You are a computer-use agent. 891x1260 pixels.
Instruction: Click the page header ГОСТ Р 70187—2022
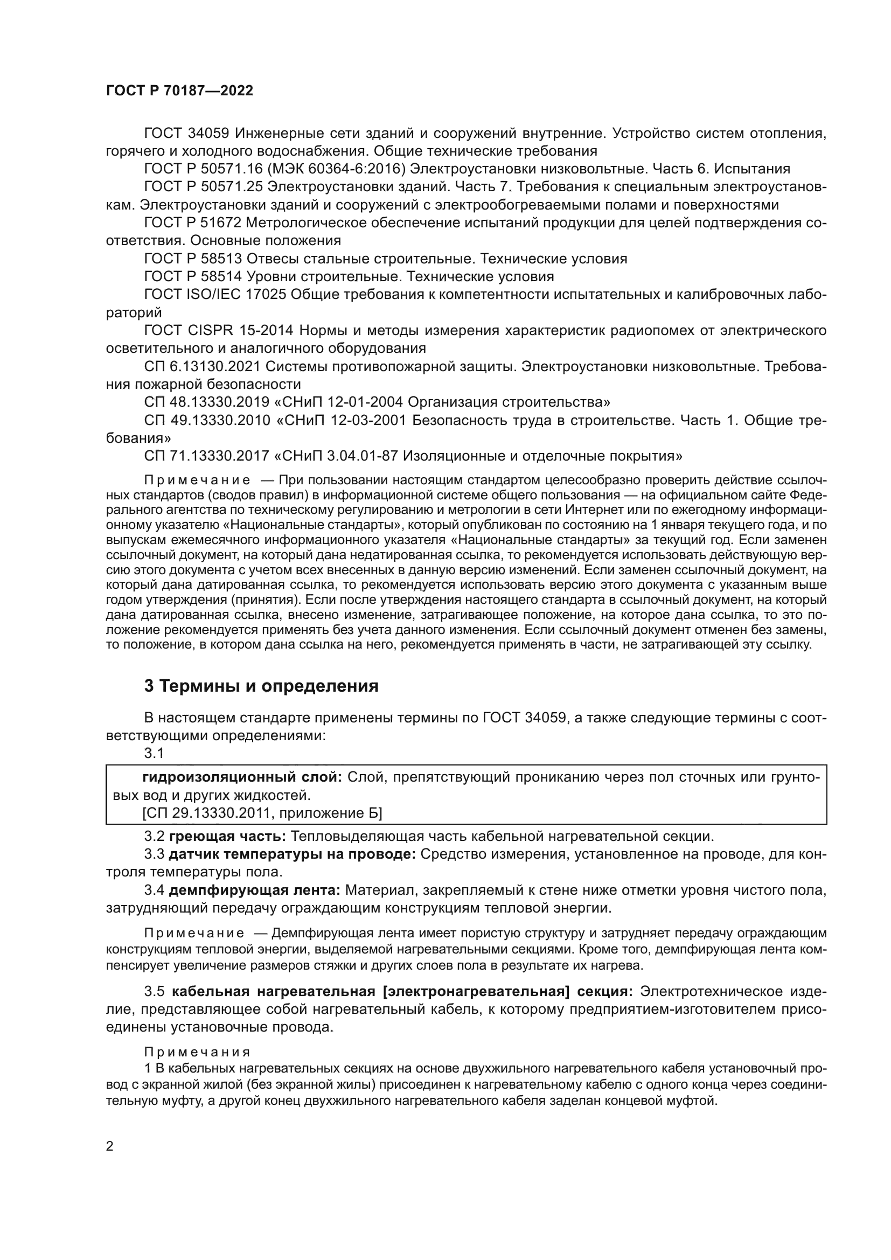point(179,91)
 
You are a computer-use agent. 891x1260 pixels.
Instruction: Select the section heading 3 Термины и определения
point(261,686)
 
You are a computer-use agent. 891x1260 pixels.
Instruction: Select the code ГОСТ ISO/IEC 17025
point(214,295)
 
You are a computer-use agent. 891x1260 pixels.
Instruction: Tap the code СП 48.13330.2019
point(207,402)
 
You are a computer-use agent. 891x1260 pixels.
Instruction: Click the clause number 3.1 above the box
point(154,754)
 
